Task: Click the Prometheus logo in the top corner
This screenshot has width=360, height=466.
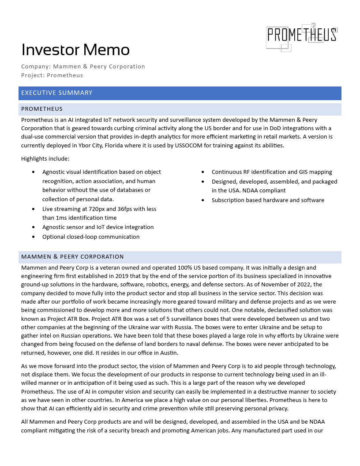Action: tap(302, 36)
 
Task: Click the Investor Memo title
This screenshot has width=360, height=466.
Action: tap(75, 50)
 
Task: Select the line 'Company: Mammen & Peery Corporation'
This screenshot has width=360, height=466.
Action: tap(83, 67)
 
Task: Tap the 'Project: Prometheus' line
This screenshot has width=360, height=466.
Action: tap(52, 75)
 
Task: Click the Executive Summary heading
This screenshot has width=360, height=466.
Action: tap(57, 93)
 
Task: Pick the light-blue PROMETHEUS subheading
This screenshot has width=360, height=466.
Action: tap(42, 109)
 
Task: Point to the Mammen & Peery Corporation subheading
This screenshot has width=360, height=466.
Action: tap(72, 257)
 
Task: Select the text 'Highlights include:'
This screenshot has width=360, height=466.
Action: tap(45, 159)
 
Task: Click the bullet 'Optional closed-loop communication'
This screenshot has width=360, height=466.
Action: tap(91, 237)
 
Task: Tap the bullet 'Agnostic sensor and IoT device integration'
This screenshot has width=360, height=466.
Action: tap(98, 227)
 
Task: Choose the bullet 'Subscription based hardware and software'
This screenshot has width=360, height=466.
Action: tap(268, 200)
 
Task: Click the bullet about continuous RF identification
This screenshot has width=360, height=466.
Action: tap(272, 172)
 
